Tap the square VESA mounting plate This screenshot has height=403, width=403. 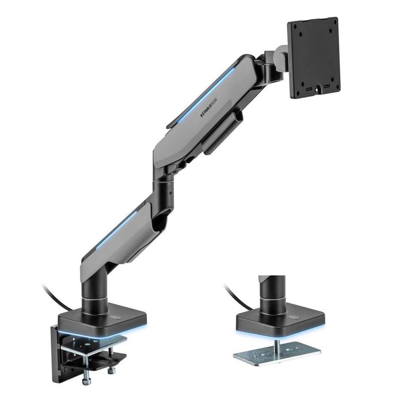314,58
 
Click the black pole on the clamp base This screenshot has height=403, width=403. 94,288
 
